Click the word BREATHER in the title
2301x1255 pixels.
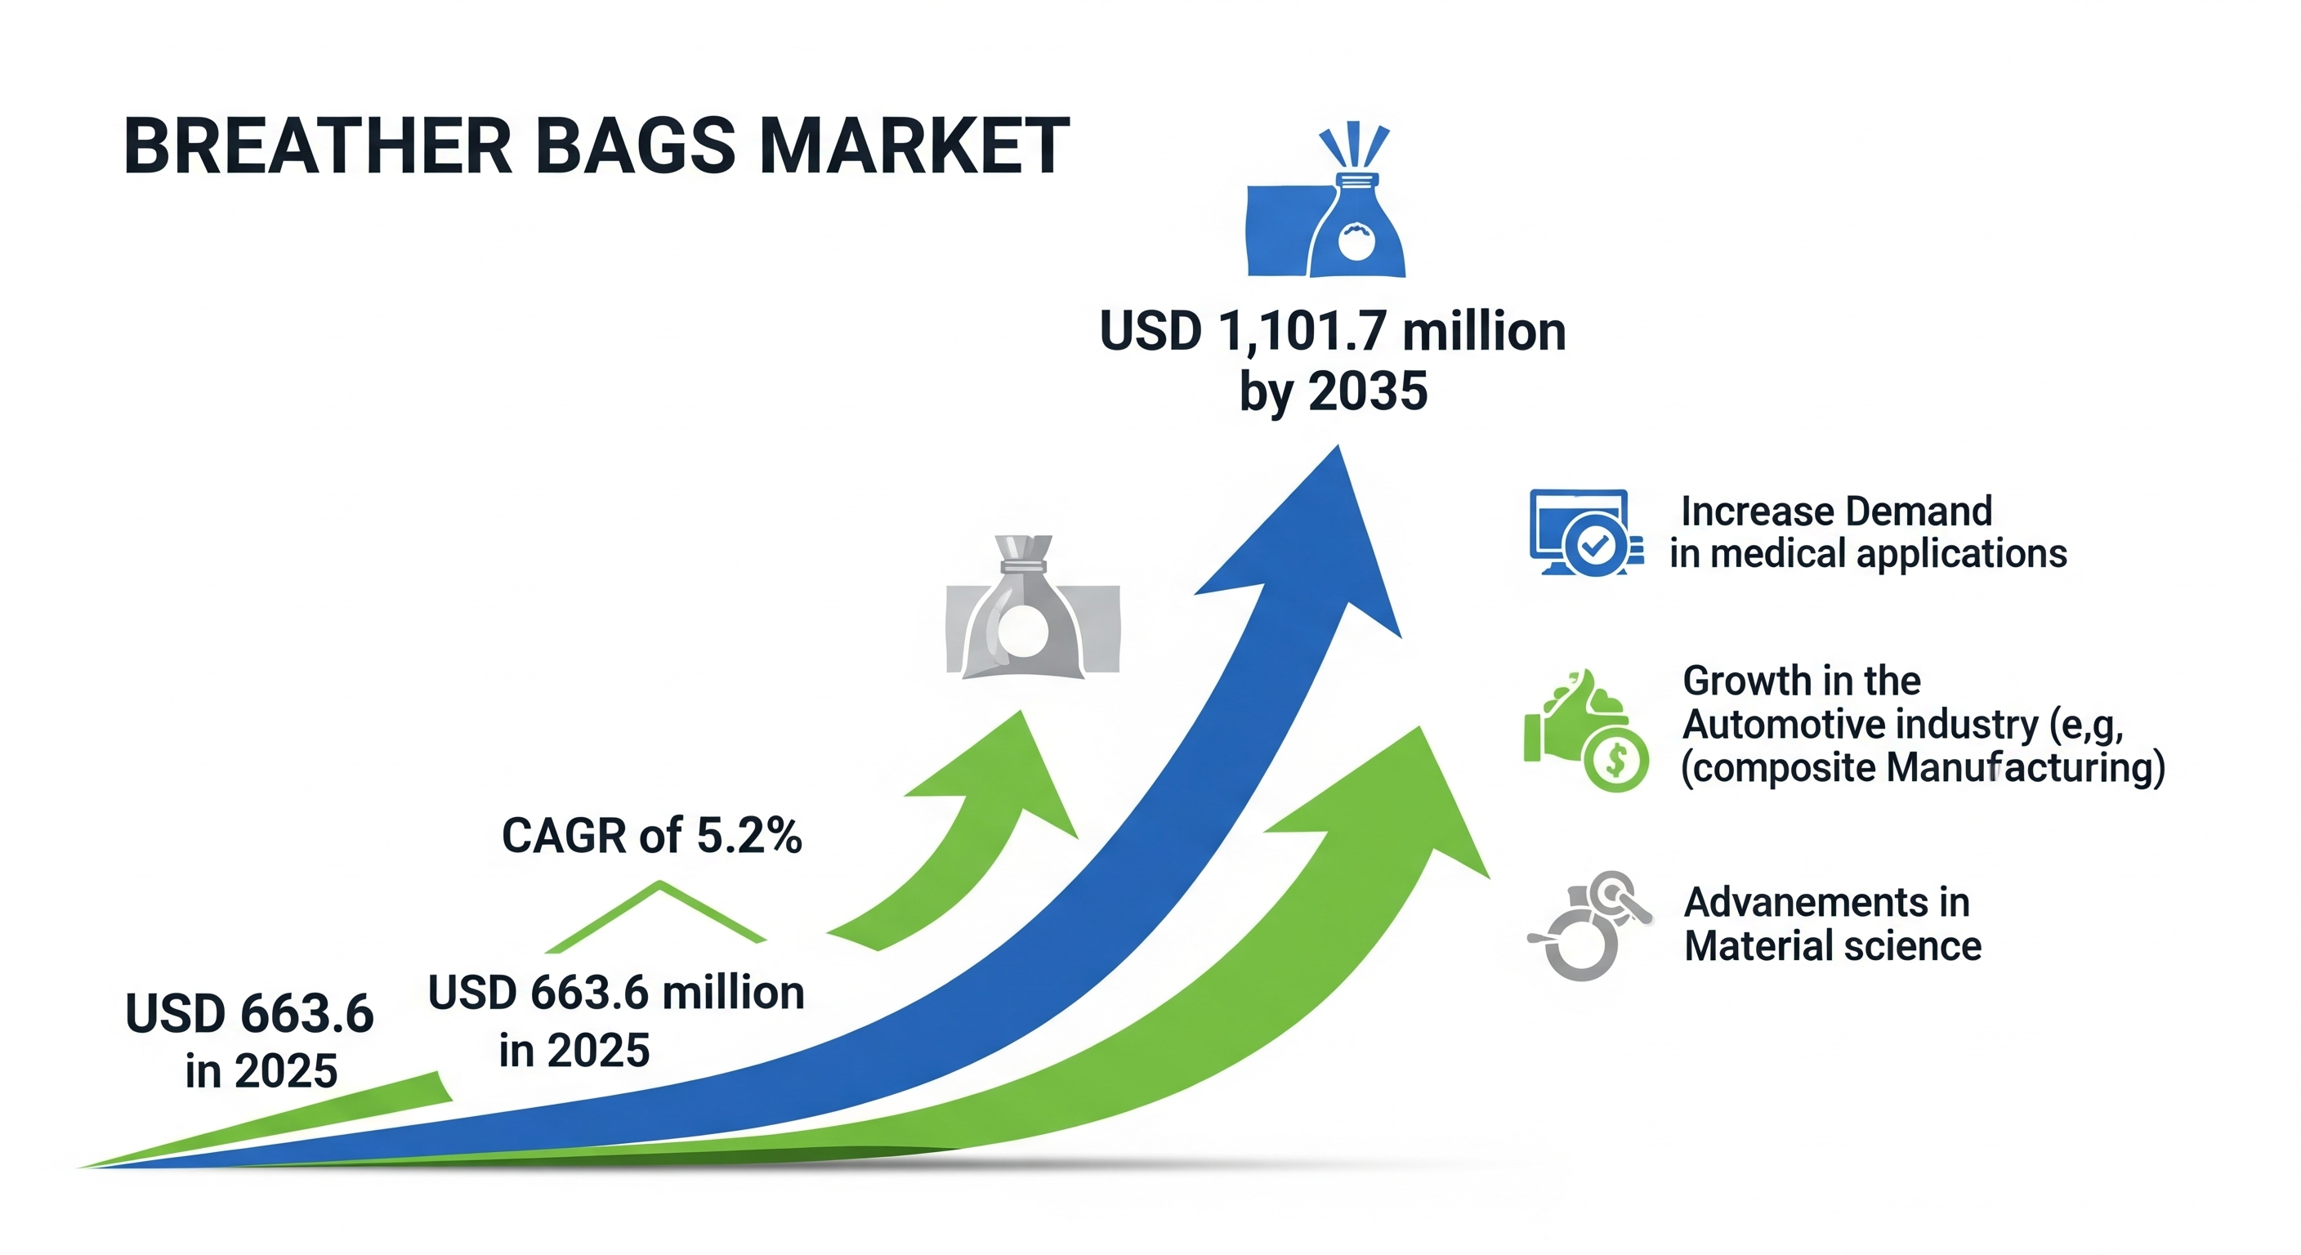(x=318, y=145)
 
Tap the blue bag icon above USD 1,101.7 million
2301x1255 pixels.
(x=1326, y=200)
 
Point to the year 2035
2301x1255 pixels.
(x=1368, y=391)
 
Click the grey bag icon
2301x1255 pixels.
(x=1033, y=606)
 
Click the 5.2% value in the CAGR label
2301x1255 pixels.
(x=748, y=836)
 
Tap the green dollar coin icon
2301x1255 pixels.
(x=1616, y=759)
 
